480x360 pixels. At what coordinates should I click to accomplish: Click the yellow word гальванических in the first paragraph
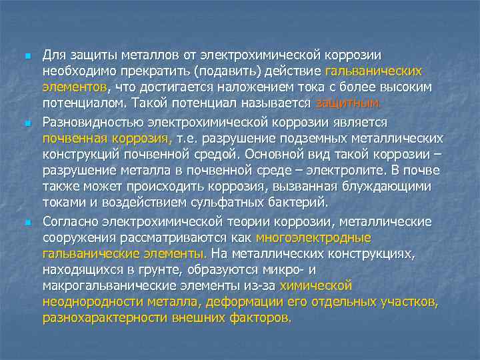pyautogui.click(x=374, y=71)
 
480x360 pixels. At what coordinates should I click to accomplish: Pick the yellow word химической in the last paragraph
pyautogui.click(x=316, y=285)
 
